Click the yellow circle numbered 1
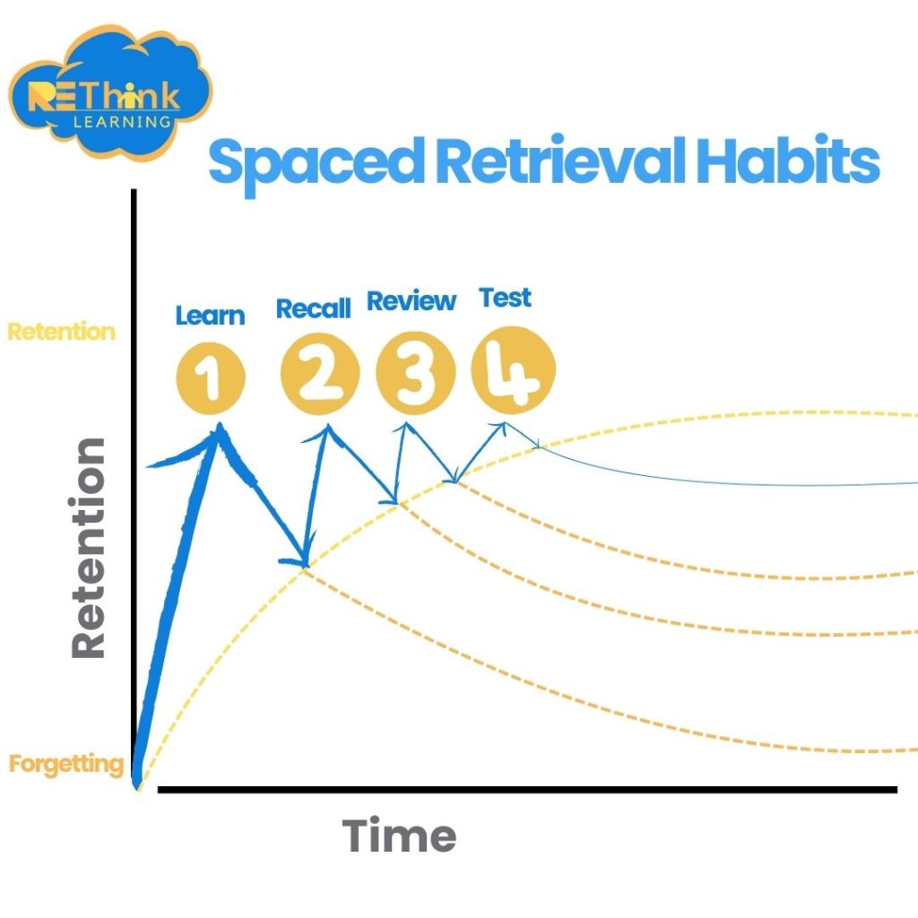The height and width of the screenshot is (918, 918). pos(210,377)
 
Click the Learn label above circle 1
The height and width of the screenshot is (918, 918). pos(210,316)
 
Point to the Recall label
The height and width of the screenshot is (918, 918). pos(313,309)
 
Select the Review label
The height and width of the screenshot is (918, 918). pos(411,302)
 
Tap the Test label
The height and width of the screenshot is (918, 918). pos(506,297)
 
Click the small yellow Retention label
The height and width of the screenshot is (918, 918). pos(61,332)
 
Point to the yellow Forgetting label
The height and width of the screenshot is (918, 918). pos(66,765)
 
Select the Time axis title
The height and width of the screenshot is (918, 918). pos(399,836)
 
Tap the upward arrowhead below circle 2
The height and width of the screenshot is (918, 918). pos(327,429)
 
